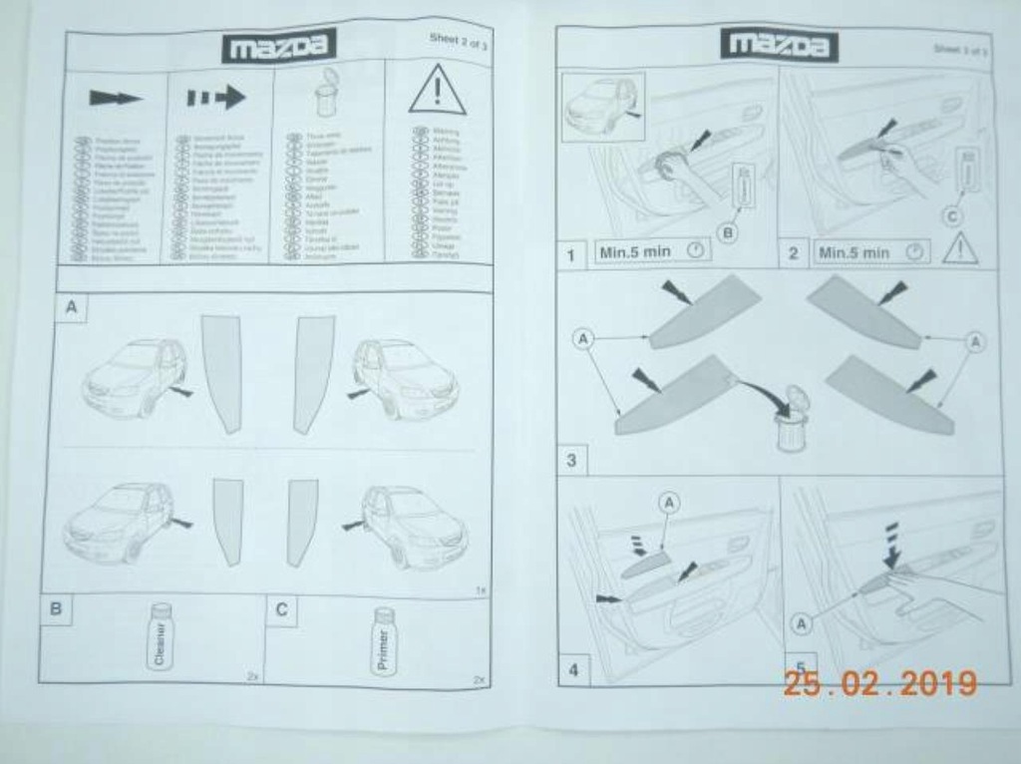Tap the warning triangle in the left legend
tap(437, 91)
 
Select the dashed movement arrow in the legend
tap(215, 98)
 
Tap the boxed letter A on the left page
tap(71, 308)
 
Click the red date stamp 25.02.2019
tap(879, 684)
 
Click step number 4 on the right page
tap(573, 669)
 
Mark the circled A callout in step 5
tap(800, 623)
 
